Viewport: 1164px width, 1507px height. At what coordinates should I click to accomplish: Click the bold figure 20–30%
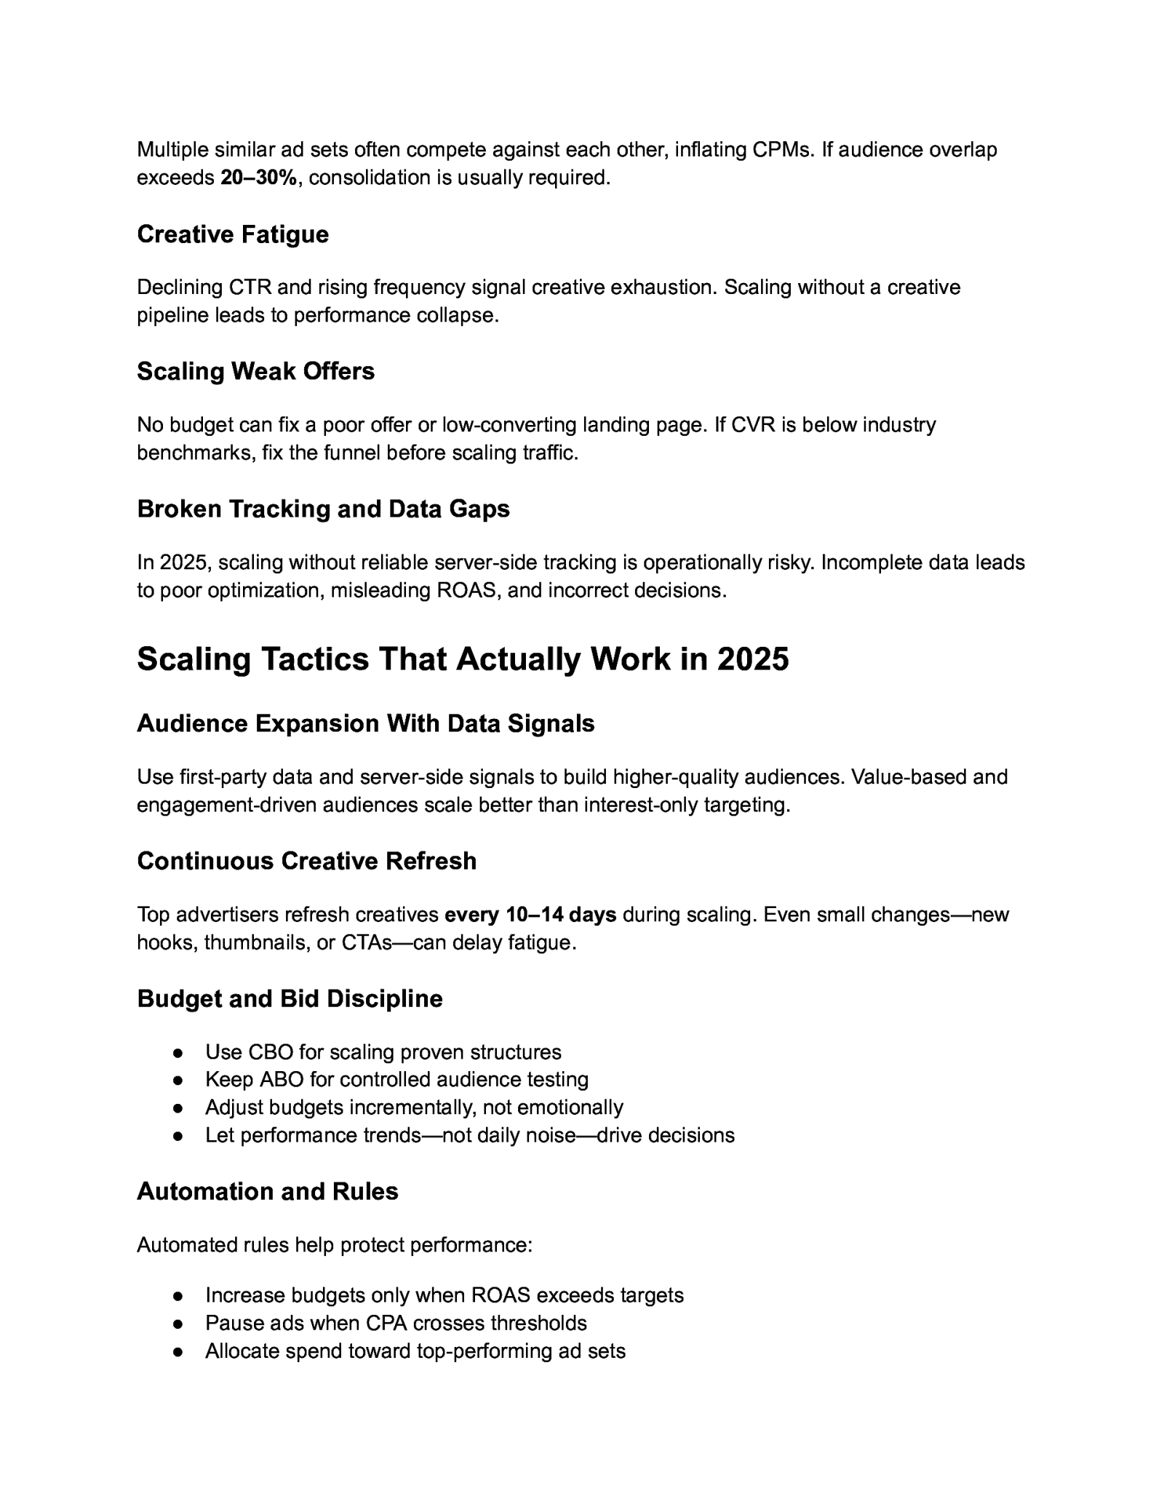coord(258,178)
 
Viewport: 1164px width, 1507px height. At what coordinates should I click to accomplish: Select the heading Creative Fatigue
coord(233,234)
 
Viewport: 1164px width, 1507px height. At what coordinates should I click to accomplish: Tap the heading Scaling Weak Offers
coord(255,371)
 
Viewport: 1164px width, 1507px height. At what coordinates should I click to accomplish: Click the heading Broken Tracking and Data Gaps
coord(323,509)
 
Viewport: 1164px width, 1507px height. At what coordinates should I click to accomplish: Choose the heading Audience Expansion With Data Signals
coord(365,723)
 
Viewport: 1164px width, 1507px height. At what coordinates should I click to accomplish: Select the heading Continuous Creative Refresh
coord(306,861)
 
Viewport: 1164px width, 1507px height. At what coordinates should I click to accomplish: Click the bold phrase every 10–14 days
coord(530,915)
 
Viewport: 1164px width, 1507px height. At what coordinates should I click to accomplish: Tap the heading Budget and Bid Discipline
coord(290,998)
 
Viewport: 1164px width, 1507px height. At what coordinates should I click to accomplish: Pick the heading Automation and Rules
coord(267,1191)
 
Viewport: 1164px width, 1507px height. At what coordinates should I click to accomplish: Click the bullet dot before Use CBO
coord(178,1053)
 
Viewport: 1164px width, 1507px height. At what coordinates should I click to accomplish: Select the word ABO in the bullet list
coord(276,1079)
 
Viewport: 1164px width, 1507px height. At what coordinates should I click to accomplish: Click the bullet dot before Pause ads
coord(178,1324)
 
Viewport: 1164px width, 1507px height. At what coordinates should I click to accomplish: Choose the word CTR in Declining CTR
coord(250,287)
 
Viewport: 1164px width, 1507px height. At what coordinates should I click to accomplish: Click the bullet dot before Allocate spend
coord(178,1351)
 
